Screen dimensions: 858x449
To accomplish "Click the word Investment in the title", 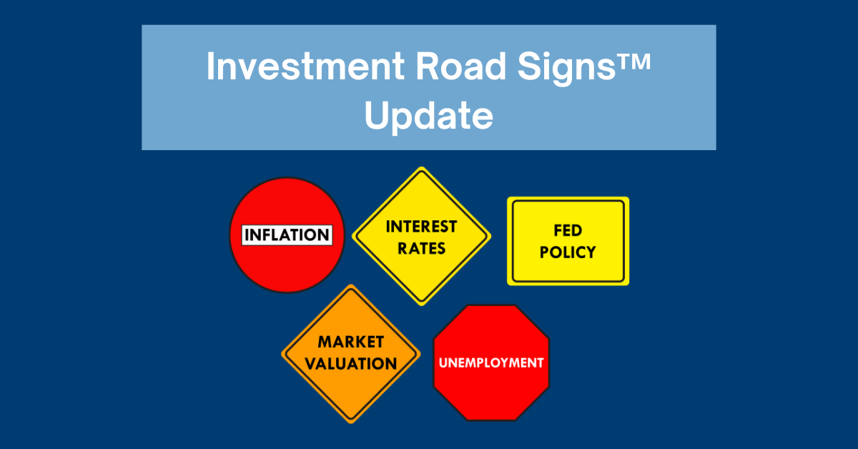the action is pos(305,66).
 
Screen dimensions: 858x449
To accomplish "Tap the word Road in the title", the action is pos(461,66).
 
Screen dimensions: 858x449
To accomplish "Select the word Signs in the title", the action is pos(566,68).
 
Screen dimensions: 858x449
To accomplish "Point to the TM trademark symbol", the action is pos(633,61).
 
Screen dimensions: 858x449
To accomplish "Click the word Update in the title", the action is pos(428,117).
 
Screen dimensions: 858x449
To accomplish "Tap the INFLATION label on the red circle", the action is pos(287,235).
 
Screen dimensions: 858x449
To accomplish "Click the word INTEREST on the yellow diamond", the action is pos(421,227).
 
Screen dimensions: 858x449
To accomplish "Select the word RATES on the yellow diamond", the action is pos(421,249).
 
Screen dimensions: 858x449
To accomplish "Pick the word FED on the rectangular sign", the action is pos(568,230).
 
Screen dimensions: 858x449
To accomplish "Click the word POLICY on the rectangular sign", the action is pos(568,252).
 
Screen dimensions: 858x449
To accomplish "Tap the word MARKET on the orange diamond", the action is pos(351,342).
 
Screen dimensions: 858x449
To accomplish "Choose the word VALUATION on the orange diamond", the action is pos(351,364).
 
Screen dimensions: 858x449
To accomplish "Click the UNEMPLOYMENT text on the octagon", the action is pos(491,362).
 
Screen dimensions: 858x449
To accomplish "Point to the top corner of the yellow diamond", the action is pos(421,167).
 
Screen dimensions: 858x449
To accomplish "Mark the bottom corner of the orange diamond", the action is pos(351,423).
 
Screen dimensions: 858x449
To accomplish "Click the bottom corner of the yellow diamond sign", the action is pos(421,305).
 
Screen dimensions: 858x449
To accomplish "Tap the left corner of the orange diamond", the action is pos(282,354).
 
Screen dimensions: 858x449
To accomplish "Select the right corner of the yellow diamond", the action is pos(490,236).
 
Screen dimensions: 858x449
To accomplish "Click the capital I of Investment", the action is pos(210,66).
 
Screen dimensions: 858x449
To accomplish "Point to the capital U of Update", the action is pos(377,115).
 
